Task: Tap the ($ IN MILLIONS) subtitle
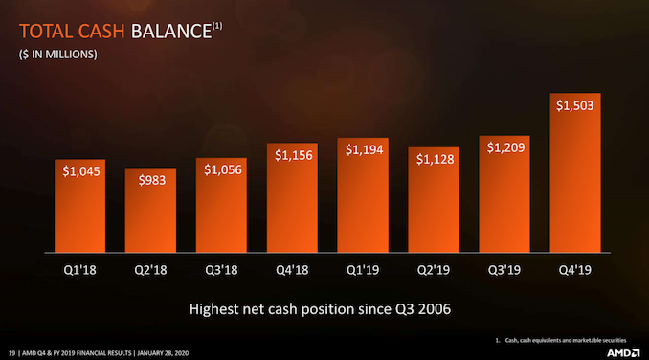(57, 55)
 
